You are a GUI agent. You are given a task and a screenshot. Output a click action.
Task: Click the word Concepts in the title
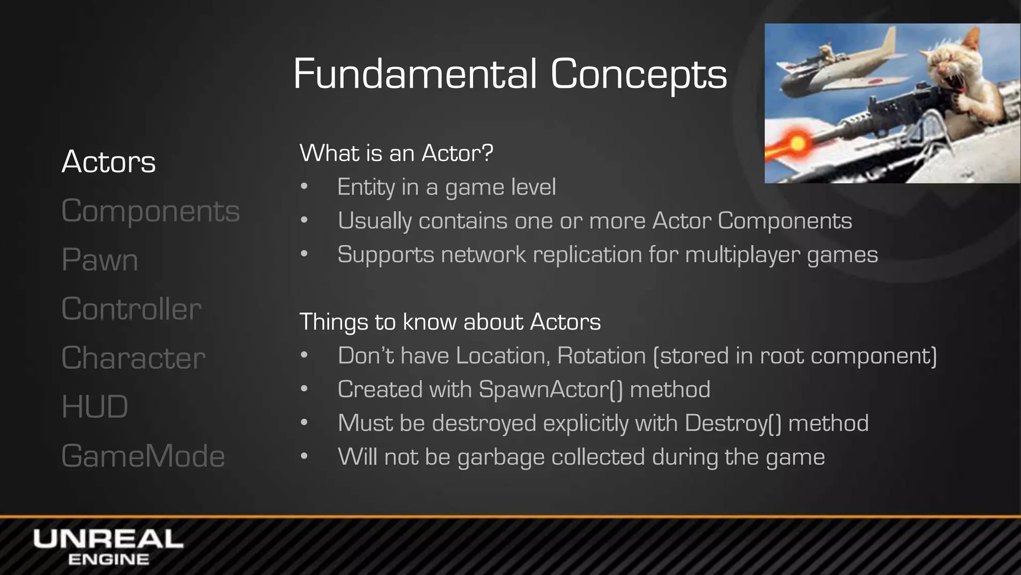639,74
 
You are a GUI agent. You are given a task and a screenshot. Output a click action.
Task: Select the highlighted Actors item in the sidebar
109,162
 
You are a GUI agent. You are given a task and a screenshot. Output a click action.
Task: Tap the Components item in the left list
151,211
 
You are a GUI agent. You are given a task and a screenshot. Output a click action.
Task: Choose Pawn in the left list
100,260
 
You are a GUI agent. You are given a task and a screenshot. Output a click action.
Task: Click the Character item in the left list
134,357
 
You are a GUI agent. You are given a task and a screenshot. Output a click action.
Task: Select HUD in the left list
95,406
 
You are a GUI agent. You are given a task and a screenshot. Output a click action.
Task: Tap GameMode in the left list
143,456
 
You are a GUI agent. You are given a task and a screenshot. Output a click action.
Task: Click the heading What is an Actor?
396,153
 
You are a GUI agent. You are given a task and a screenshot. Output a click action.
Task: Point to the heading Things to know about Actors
450,321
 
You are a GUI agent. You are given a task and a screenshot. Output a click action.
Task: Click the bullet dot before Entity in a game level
305,187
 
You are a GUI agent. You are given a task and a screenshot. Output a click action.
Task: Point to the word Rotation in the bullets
601,356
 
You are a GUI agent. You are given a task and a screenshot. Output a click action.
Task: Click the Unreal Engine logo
108,547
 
